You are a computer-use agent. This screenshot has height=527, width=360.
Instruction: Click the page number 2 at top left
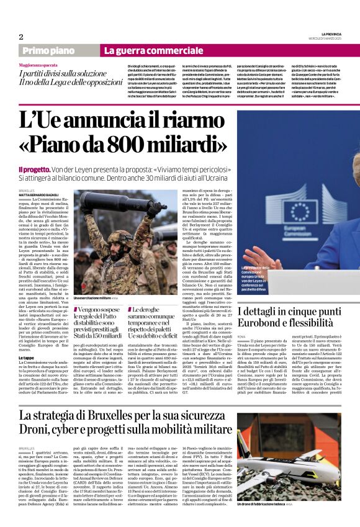21,37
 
